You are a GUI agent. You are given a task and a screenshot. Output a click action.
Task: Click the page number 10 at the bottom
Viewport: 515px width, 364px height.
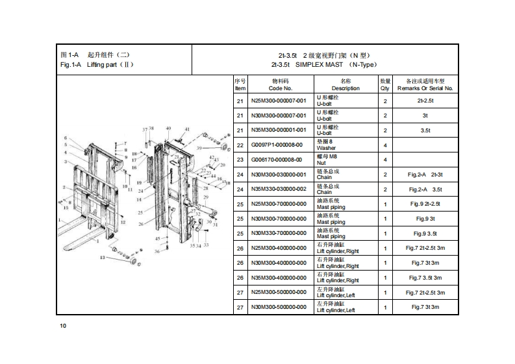(x=63, y=325)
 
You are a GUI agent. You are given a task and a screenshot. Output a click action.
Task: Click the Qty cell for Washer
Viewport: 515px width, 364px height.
(x=385, y=145)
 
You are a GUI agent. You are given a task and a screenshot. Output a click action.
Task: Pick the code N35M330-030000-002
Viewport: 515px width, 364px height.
(x=278, y=189)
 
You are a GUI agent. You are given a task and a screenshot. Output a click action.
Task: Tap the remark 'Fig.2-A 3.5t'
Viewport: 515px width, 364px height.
(x=425, y=189)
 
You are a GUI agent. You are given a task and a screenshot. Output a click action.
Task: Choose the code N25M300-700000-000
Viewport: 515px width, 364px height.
(x=278, y=204)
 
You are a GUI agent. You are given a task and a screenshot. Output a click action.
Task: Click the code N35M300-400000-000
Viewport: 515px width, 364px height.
(x=278, y=277)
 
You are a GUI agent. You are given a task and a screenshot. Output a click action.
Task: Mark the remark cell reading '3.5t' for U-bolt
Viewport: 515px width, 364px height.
(x=425, y=130)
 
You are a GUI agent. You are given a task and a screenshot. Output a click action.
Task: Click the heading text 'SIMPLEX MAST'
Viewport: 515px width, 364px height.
(x=319, y=65)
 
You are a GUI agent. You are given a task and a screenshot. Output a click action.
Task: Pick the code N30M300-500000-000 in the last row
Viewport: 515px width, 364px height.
(x=278, y=307)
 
